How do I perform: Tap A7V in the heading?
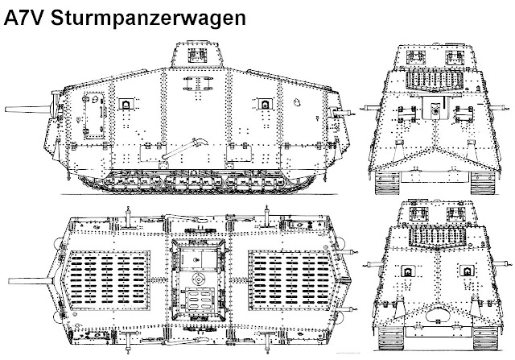coord(28,15)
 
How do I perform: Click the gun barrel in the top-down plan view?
coord(28,273)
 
